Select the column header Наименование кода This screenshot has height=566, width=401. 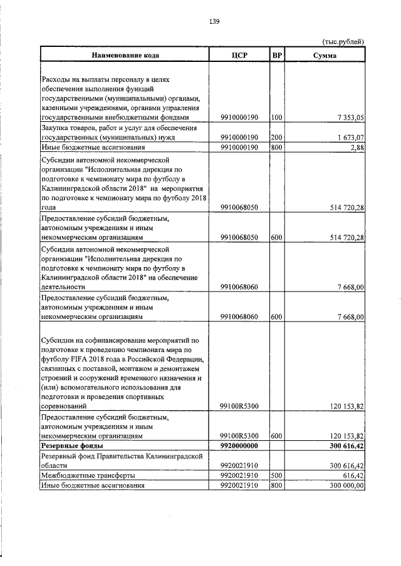click(x=125, y=56)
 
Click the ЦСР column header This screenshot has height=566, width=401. click(x=240, y=56)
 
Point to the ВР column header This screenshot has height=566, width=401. click(x=277, y=56)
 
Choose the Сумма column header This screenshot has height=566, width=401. click(x=324, y=56)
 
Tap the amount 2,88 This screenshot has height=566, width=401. click(x=357, y=147)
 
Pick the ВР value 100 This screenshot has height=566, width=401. click(x=277, y=117)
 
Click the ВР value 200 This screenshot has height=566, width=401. click(x=277, y=137)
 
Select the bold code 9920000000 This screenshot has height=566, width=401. click(x=240, y=445)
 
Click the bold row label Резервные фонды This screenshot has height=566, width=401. click(x=72, y=445)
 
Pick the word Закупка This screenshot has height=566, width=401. click(x=55, y=127)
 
